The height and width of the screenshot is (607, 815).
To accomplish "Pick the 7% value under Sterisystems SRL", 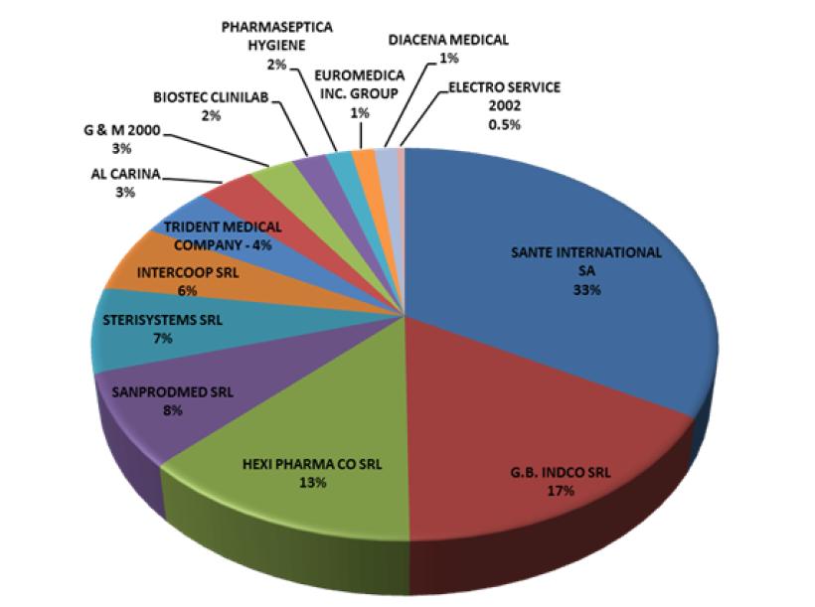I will pyautogui.click(x=163, y=339).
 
